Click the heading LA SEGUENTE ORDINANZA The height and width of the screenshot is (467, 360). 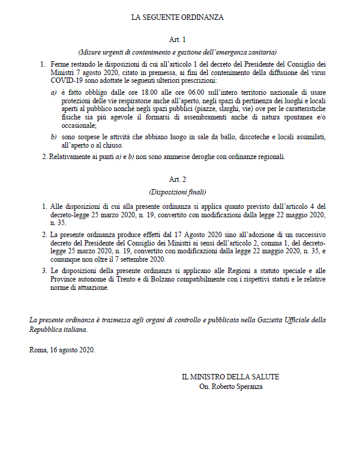coord(177,17)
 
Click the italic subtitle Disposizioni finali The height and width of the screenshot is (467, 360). coord(177,192)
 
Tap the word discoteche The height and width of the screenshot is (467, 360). coord(251,137)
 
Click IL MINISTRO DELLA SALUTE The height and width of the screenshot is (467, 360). coord(231,377)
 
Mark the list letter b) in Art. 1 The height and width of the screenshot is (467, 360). coord(53,137)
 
